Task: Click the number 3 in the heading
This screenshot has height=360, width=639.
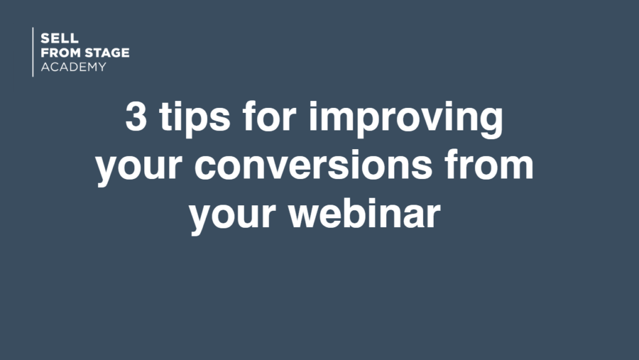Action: click(x=135, y=117)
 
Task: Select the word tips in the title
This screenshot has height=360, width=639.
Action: click(x=195, y=118)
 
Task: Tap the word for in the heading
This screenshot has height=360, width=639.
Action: click(x=269, y=115)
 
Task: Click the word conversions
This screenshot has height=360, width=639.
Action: click(x=313, y=165)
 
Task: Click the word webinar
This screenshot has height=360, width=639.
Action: click(x=364, y=213)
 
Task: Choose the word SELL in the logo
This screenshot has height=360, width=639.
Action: click(x=59, y=39)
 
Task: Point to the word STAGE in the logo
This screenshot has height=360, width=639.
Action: click(x=107, y=52)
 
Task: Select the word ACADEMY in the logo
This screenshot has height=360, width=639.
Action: click(x=74, y=67)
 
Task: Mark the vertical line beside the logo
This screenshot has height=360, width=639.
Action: click(x=33, y=52)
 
